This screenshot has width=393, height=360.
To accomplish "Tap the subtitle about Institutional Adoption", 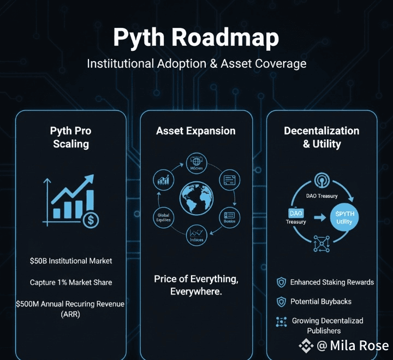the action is coord(196,64).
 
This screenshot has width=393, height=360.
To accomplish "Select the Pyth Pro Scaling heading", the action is coord(70,137).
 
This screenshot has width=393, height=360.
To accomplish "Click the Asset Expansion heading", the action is coord(196,131).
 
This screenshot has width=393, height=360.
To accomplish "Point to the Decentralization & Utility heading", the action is coord(321,137).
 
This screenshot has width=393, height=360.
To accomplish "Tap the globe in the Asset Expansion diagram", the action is coord(196,199).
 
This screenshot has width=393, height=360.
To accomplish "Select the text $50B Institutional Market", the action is coord(71,261).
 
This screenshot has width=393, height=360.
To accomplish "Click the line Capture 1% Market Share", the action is coord(71,282).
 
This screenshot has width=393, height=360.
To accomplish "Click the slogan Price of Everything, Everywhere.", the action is coord(196,285).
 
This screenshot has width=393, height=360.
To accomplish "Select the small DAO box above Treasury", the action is coord(296,213).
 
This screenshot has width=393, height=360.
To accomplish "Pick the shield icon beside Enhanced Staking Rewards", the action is coord(281,282).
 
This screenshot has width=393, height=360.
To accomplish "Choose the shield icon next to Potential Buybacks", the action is coord(281,302).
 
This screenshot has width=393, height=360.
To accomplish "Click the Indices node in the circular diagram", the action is coord(196,235).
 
